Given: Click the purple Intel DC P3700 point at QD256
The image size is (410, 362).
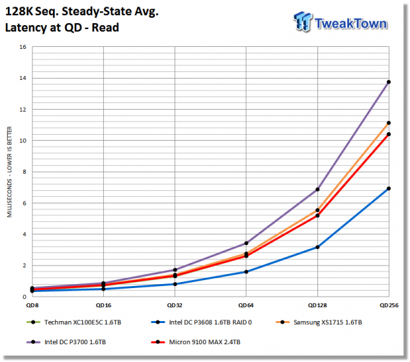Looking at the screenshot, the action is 389,82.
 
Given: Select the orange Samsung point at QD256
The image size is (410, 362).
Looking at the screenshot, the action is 389,123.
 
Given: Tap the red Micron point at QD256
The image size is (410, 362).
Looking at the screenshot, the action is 389,134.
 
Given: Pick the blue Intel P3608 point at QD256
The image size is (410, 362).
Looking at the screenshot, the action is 389,188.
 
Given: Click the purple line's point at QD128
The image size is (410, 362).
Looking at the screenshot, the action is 317,190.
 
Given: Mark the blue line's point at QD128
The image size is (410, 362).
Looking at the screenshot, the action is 317,247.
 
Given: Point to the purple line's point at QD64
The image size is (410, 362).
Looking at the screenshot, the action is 246,243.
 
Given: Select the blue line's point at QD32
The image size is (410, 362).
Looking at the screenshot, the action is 175,284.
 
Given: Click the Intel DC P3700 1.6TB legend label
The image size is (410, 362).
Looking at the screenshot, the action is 75,342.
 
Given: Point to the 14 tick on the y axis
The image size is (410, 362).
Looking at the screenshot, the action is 23,78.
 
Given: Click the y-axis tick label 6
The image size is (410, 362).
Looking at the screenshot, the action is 24,203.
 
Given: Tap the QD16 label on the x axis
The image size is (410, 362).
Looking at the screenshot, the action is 104,305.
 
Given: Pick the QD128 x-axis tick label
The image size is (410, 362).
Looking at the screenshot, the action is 317,305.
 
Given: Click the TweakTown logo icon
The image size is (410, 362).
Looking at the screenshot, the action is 303,21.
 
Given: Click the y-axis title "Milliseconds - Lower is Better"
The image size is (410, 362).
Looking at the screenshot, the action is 9,172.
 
